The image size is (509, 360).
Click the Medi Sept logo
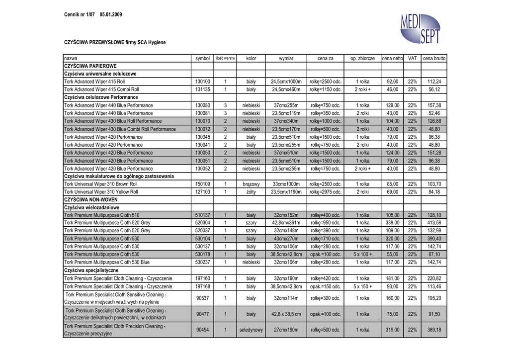click(420, 29)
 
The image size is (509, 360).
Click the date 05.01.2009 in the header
click(111, 14)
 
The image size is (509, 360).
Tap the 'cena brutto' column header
click(434, 58)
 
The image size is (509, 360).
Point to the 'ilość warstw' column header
click(225, 58)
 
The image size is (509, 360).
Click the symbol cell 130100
click(203, 82)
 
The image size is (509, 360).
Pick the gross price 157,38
click(434, 105)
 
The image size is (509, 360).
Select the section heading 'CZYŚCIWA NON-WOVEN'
click(91, 199)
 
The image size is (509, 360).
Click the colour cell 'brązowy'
click(251, 183)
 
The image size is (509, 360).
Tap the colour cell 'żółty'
click(251, 191)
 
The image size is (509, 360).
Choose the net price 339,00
click(392, 223)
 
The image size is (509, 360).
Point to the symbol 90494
click(203, 330)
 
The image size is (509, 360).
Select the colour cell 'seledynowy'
click(251, 330)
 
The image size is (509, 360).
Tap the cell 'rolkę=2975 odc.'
click(326, 191)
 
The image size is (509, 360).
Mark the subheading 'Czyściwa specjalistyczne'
click(91, 270)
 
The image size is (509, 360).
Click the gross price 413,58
click(434, 223)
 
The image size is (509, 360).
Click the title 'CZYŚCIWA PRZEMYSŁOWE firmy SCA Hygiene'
click(115, 43)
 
